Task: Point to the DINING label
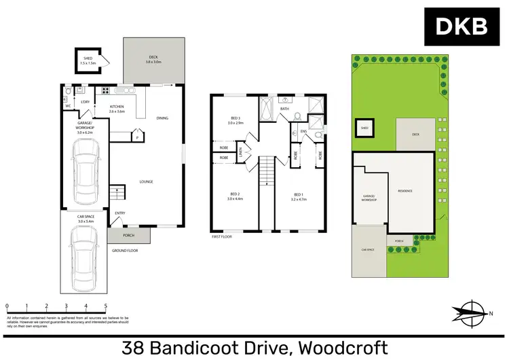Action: pos(162,118)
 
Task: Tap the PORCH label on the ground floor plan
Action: pos(128,236)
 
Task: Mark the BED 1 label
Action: pos(299,197)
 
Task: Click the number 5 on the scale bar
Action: pos(105,306)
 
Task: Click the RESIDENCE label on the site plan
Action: pos(404,191)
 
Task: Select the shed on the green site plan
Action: pos(364,128)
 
